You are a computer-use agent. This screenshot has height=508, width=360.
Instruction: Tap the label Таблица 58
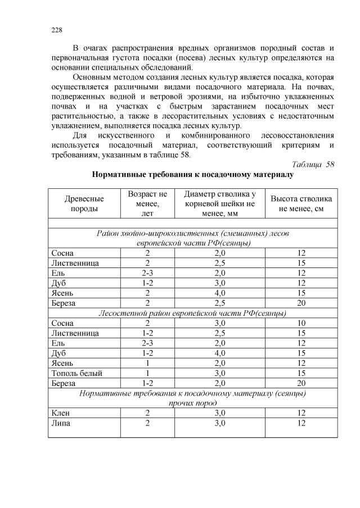314,164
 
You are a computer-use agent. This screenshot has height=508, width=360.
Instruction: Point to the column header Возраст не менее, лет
147,203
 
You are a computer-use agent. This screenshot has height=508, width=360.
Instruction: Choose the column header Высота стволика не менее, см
301,203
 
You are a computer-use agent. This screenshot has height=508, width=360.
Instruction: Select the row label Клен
61,414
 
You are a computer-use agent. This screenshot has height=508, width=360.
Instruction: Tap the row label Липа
61,423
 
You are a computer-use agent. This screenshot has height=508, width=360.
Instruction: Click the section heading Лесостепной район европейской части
192,313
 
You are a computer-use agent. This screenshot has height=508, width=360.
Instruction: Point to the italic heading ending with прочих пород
192,403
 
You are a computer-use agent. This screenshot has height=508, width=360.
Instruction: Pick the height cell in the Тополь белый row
301,373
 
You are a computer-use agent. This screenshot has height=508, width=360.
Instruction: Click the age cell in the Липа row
147,423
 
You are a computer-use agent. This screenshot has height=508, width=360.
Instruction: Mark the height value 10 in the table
301,323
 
